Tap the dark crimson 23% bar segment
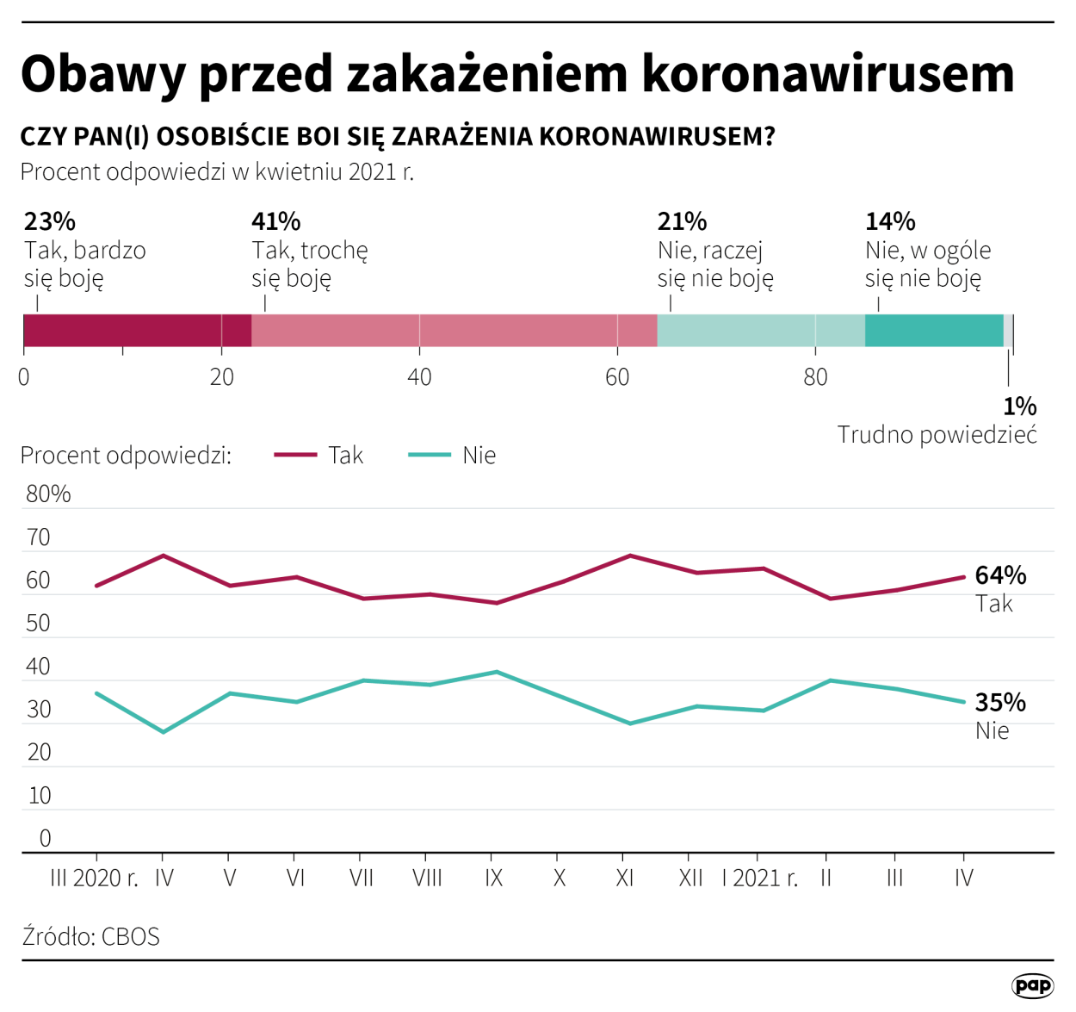click(x=137, y=331)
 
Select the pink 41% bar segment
click(x=454, y=331)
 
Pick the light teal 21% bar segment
click(x=760, y=331)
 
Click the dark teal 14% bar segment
click(x=933, y=331)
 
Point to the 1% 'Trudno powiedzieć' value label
click(x=1019, y=407)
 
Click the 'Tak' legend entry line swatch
click(x=295, y=455)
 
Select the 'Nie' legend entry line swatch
click(x=430, y=455)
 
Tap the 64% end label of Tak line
click(x=1000, y=575)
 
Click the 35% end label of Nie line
click(x=1000, y=703)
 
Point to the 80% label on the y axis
click(x=48, y=494)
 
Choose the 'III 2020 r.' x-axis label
click(x=94, y=879)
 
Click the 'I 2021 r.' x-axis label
click(x=759, y=879)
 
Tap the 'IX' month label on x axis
click(x=493, y=879)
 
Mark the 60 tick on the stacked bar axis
click(x=617, y=377)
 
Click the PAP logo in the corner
click(x=1031, y=986)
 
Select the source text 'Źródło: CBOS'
click(x=90, y=937)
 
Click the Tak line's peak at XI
click(x=630, y=556)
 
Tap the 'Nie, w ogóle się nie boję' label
click(x=927, y=264)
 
